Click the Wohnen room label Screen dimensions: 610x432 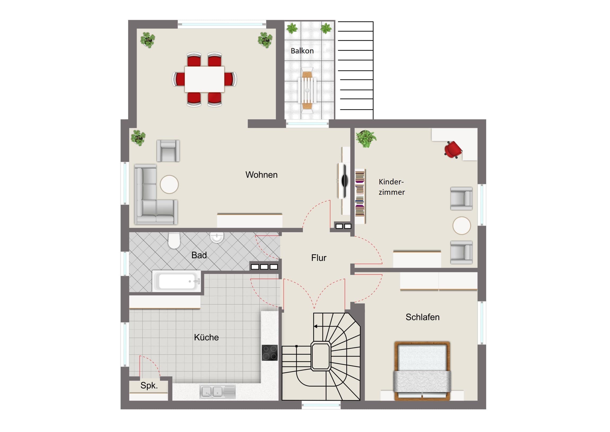point(262,175)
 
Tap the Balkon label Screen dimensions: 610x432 point(302,51)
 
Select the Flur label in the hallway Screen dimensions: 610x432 point(319,258)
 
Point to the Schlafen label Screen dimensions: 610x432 point(422,317)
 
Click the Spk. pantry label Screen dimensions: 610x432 point(149,386)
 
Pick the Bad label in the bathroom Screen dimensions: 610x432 point(199,255)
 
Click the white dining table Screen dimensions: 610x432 point(204,79)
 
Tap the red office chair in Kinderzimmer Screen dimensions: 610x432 point(453,150)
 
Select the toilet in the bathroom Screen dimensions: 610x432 point(174,240)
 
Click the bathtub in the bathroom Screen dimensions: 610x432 point(176,281)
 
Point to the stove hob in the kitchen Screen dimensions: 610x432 point(270,353)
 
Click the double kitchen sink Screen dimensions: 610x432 point(217,392)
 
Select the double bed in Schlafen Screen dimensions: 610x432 point(422,371)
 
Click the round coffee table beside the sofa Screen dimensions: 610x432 point(169,184)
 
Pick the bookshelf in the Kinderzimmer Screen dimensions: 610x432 point(360,196)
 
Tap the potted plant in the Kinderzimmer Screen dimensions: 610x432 point(366,139)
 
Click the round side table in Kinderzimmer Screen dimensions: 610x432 point(461,226)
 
